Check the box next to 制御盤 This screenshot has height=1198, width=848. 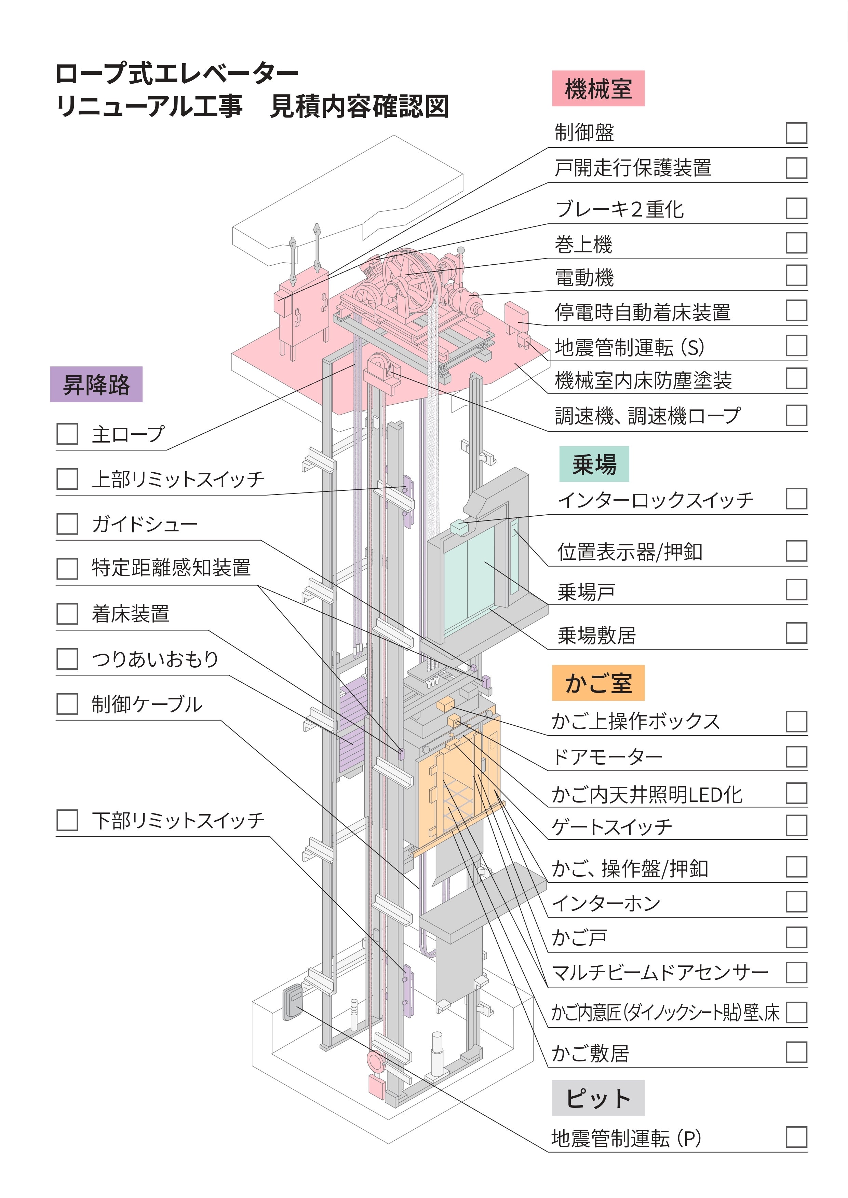tap(796, 133)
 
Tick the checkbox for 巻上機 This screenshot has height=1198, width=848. tap(796, 242)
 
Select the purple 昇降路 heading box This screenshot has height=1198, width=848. tap(96, 385)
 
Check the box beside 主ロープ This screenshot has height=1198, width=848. tap(67, 434)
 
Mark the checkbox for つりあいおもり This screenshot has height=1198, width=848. tap(67, 659)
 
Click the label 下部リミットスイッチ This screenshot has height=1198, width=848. tap(178, 821)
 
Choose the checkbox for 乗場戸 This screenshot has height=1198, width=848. tap(796, 589)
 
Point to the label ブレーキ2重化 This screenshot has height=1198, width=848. tap(619, 209)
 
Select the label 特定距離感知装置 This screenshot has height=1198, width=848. tap(171, 568)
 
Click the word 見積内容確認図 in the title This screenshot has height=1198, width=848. tap(359, 107)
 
